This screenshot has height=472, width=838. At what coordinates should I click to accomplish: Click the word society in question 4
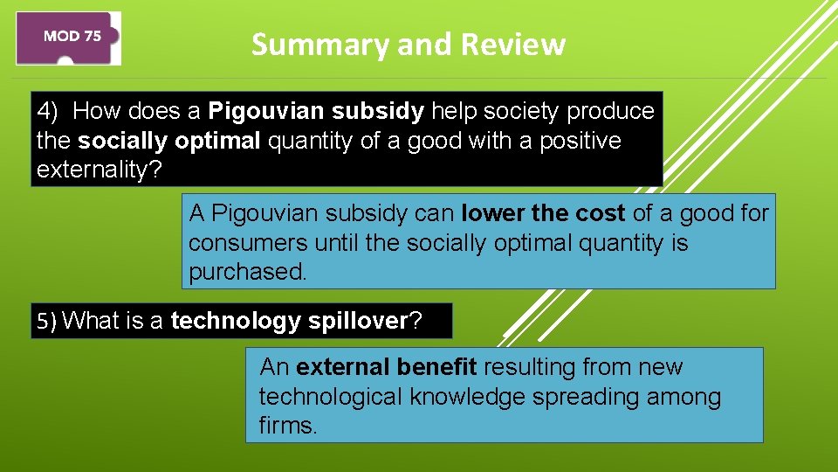(519, 111)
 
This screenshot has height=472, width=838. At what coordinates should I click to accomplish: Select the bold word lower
(493, 213)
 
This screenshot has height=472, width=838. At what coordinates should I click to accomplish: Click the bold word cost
(600, 213)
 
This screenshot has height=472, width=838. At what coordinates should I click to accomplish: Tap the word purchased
(248, 272)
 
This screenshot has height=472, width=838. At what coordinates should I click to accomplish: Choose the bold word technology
(236, 322)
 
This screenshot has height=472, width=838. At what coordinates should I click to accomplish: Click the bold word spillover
(358, 322)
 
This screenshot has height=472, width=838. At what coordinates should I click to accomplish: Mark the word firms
(288, 427)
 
